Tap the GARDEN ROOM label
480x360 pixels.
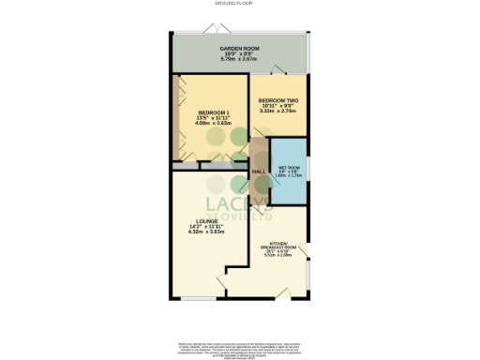click(239, 47)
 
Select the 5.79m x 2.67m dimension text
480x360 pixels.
click(239, 59)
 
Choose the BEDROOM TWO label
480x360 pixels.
click(278, 99)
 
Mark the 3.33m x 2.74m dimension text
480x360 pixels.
click(278, 111)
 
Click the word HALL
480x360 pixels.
click(259, 172)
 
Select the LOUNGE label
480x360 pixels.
click(207, 221)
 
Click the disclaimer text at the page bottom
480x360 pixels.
click(239, 348)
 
